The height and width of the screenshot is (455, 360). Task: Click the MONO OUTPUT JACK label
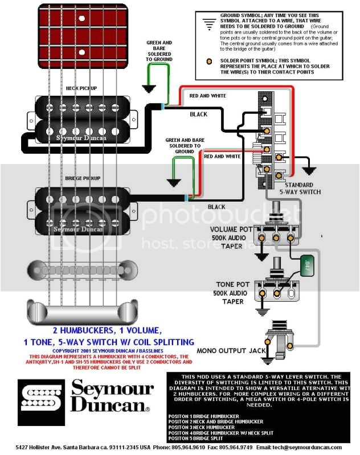[x=233, y=350]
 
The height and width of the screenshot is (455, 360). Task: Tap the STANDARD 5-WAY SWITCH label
[x=298, y=188]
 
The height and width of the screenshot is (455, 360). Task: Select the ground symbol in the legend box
[x=206, y=21]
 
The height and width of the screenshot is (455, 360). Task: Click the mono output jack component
[x=283, y=342]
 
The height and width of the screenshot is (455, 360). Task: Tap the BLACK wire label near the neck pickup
[x=198, y=114]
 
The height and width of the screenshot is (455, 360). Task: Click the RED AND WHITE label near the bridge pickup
[x=222, y=156]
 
